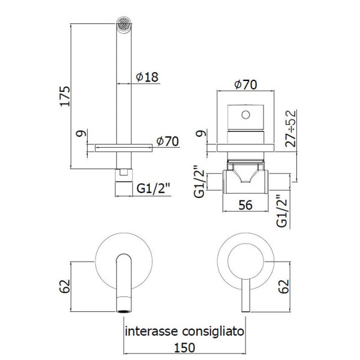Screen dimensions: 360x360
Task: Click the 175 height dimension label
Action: pyautogui.click(x=65, y=96)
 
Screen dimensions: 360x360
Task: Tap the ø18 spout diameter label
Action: pyautogui.click(x=147, y=77)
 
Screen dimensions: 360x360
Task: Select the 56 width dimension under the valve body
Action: pyautogui.click(x=245, y=205)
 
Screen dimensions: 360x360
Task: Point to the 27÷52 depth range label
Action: pyautogui.click(x=290, y=128)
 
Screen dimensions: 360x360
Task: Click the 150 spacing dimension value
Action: pyautogui.click(x=185, y=347)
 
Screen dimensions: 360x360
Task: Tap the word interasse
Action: pyautogui.click(x=152, y=331)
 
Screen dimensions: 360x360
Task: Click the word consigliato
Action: pyautogui.click(x=213, y=331)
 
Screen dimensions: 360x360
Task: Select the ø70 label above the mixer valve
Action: pyautogui.click(x=245, y=85)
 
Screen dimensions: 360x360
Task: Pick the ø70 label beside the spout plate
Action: pyautogui.click(x=167, y=141)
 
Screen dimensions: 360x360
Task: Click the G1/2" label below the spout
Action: pyautogui.click(x=153, y=189)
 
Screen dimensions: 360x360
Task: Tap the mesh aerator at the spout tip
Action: pyautogui.click(x=124, y=23)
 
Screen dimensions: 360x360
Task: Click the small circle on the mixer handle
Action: pyautogui.click(x=245, y=115)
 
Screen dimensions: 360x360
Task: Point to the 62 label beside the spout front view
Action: pyautogui.click(x=65, y=286)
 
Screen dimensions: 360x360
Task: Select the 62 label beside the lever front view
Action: pyautogui.click(x=284, y=286)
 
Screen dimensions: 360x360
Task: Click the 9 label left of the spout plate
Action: pyautogui.click(x=81, y=133)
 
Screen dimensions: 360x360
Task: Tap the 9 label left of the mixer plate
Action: pyautogui.click(x=201, y=133)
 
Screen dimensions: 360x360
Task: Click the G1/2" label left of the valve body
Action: pyautogui.click(x=199, y=181)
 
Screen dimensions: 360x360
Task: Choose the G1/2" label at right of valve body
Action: pyautogui.click(x=282, y=211)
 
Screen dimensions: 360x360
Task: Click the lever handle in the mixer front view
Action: pyautogui.click(x=245, y=295)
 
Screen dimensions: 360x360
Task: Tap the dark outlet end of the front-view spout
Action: pyautogui.click(x=124, y=311)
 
